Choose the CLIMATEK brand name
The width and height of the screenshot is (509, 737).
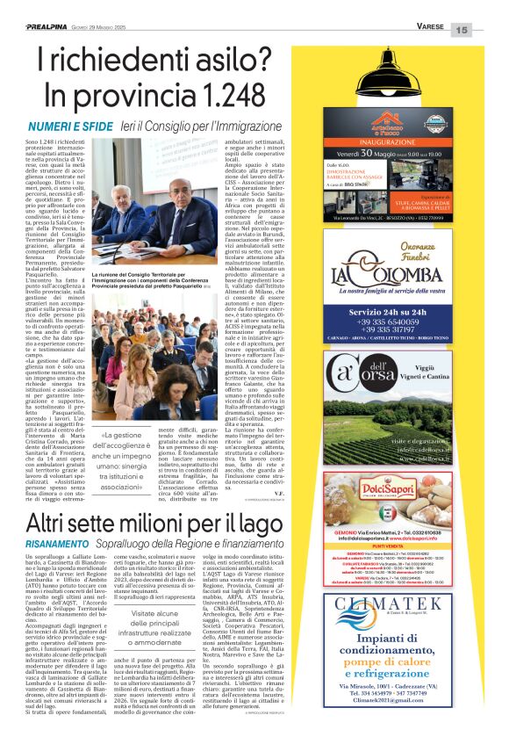point(398,628)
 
